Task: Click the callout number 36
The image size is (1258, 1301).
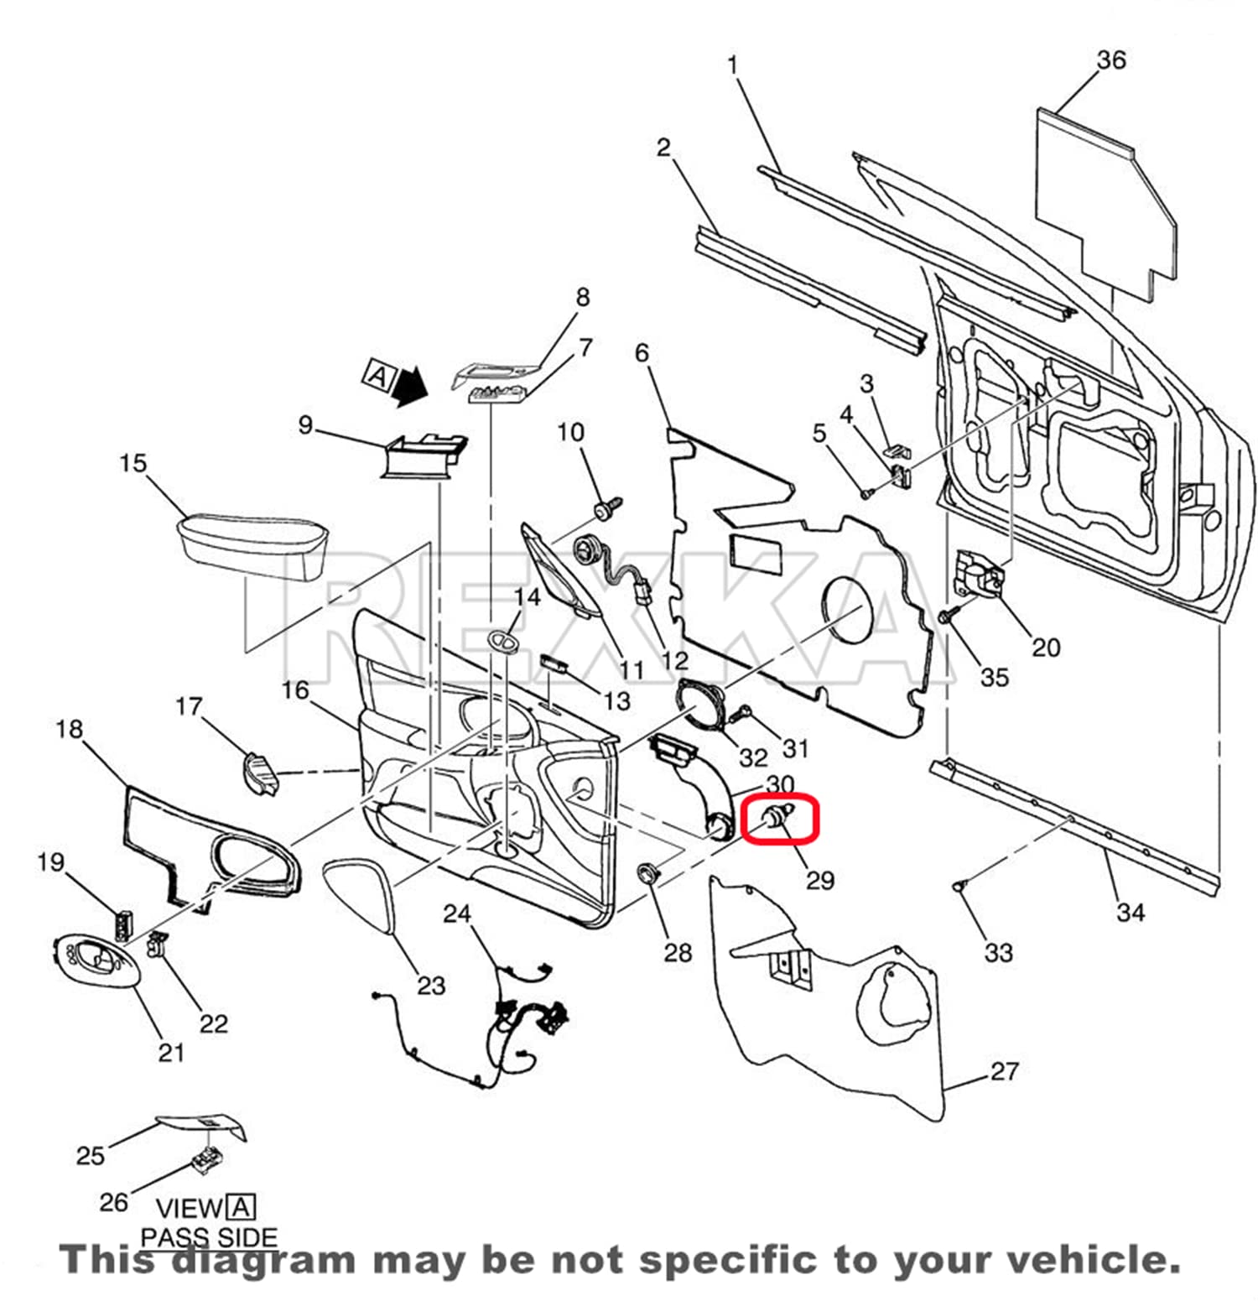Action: click(1111, 60)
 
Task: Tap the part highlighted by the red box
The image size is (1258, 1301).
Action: click(777, 817)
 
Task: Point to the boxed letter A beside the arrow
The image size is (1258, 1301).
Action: click(379, 375)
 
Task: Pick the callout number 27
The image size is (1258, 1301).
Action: click(1004, 1071)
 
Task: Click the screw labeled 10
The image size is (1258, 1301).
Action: click(605, 507)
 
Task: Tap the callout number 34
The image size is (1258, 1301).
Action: click(1130, 912)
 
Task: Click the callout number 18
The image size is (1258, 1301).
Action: click(69, 729)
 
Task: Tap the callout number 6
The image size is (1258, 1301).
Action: click(642, 352)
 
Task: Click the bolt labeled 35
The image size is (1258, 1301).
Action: click(945, 617)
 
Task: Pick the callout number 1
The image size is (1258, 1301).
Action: click(732, 65)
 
